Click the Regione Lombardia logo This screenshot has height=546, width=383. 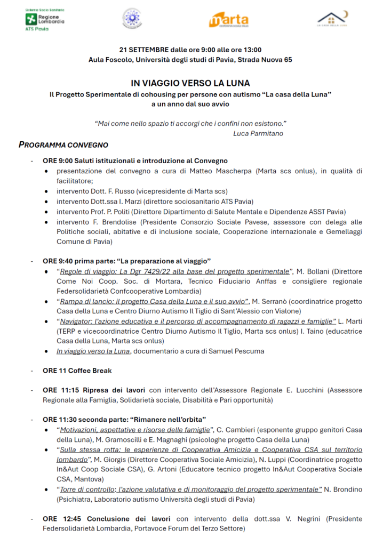[x=45, y=19]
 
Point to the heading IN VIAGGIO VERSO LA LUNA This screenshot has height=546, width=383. [x=190, y=84]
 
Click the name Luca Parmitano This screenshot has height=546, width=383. [x=258, y=133]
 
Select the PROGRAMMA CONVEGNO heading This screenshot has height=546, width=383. [x=63, y=145]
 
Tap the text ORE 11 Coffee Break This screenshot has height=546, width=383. [x=77, y=370]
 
